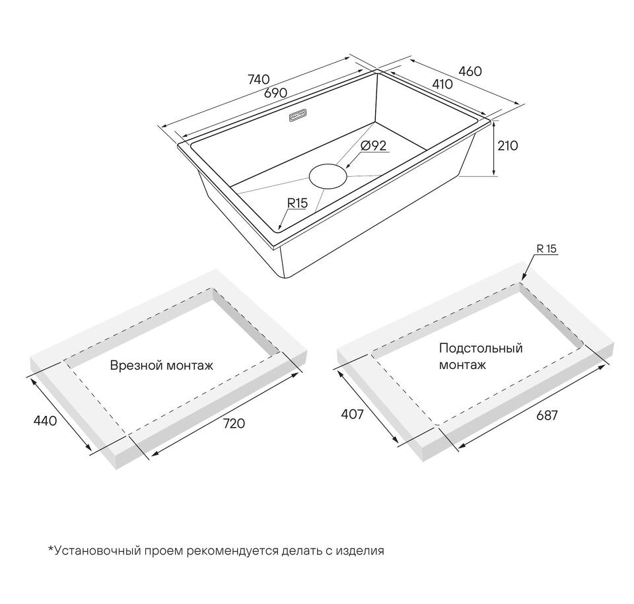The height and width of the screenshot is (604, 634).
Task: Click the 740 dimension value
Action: click(x=258, y=79)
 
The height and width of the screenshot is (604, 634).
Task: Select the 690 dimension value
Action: click(x=275, y=92)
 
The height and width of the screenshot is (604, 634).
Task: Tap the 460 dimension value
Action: click(x=470, y=71)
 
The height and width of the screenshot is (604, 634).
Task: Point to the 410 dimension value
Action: click(x=442, y=84)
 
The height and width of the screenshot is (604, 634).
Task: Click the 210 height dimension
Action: click(x=507, y=145)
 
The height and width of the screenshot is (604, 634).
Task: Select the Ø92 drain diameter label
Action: click(x=373, y=145)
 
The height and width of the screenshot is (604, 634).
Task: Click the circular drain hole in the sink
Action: click(x=328, y=176)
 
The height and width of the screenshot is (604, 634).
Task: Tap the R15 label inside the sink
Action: click(x=297, y=203)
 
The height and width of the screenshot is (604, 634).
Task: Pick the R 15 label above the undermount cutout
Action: click(x=547, y=249)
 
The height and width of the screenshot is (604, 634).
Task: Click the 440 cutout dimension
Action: click(x=45, y=421)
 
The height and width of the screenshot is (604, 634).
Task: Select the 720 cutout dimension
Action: click(x=234, y=423)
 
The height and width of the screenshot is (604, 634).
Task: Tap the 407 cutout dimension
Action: click(x=353, y=414)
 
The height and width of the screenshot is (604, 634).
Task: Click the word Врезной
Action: click(x=133, y=366)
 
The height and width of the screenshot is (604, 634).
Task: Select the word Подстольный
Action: click(x=481, y=348)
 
